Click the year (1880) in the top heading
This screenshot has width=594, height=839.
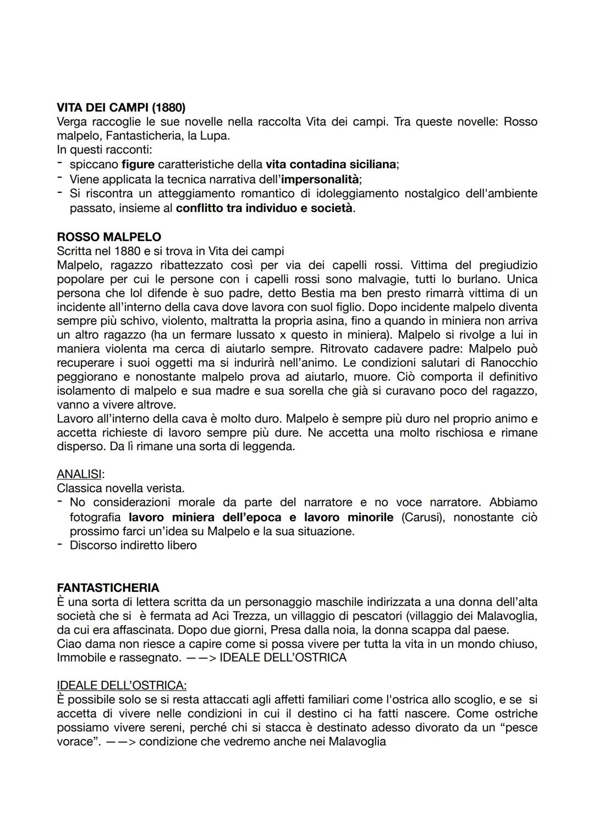tap(168, 107)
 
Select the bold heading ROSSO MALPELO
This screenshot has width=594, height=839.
tap(109, 237)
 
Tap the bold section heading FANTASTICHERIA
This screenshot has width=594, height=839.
tap(108, 587)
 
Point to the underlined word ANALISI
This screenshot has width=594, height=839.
tap(80, 474)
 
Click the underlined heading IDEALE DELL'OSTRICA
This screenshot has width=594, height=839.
tap(122, 685)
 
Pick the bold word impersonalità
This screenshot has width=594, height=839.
tap(320, 179)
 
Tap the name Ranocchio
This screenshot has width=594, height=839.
tap(509, 363)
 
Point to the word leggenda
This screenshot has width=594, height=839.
tap(270, 446)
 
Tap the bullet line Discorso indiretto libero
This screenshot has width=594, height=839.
tap(133, 545)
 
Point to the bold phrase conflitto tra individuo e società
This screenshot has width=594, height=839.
tap(264, 208)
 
